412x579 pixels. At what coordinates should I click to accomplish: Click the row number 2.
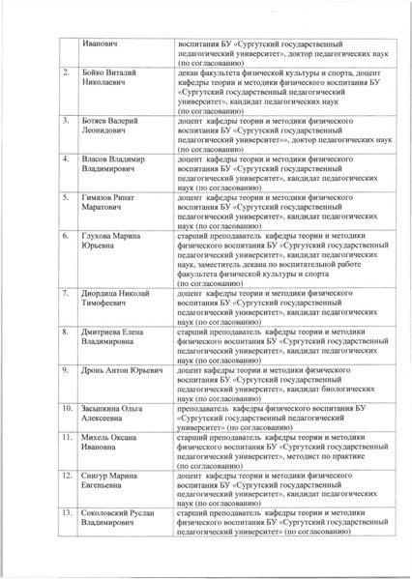[65, 74]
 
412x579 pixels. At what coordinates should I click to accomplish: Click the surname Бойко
[99, 74]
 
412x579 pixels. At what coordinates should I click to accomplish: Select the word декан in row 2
[191, 74]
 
